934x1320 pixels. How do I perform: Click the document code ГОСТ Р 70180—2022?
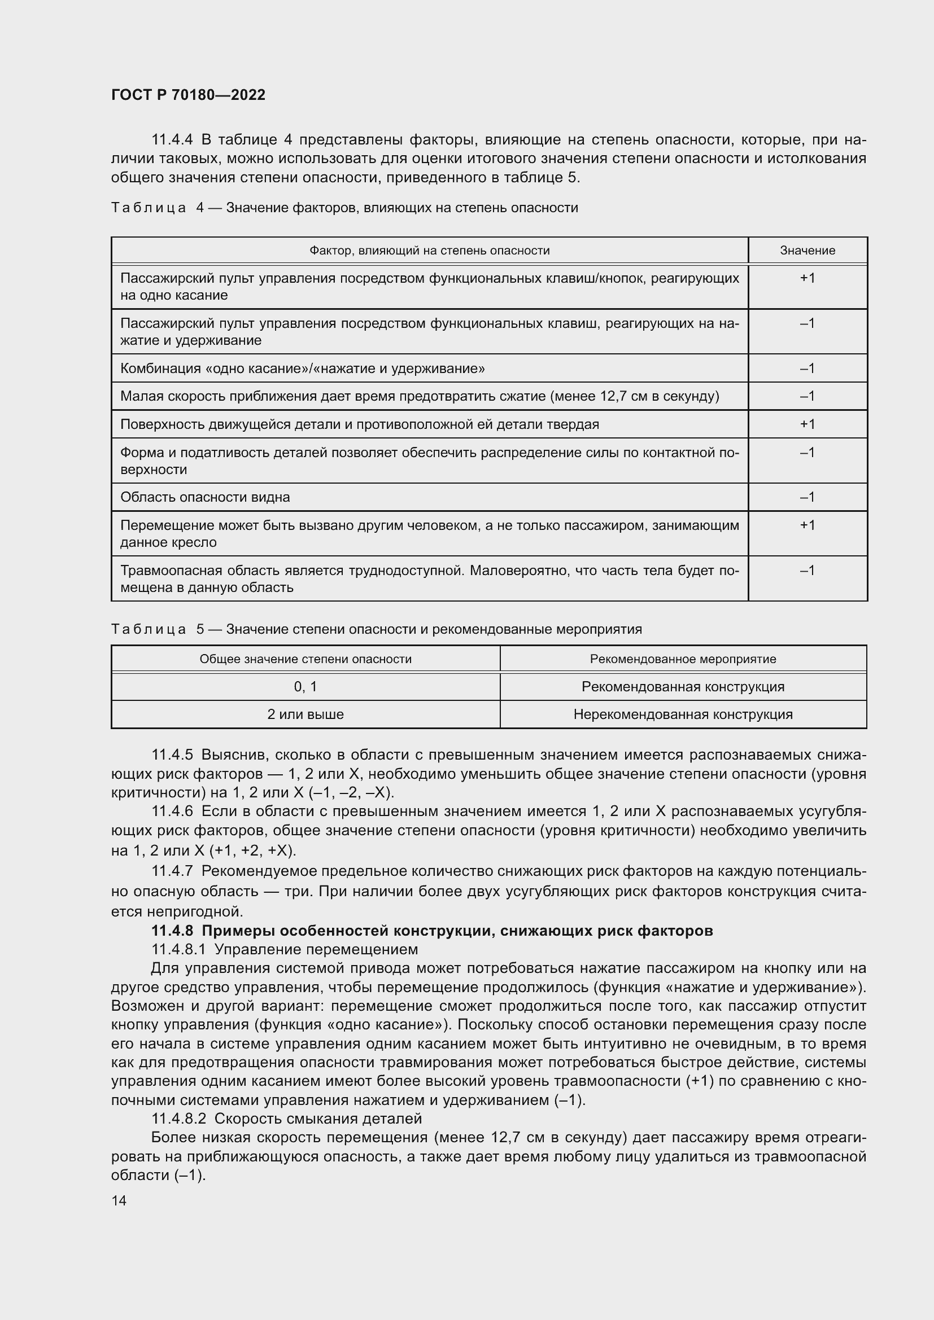188,95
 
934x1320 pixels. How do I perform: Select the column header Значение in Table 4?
807,250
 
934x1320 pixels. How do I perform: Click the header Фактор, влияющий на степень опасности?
429,250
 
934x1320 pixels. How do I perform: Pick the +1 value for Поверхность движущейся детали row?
807,424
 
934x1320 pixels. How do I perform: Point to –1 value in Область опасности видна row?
807,497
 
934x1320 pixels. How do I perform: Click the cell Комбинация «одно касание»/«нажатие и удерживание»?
303,368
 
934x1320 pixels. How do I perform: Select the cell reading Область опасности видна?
205,497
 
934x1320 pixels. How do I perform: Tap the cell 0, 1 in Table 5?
305,686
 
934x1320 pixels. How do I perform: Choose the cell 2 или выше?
305,714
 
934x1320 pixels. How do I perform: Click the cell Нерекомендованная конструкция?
683,714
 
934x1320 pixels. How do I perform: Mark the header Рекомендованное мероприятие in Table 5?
683,659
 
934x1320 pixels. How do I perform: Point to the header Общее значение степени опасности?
305,659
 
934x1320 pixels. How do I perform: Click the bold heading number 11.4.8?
172,930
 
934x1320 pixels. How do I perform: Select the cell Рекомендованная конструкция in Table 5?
683,686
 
